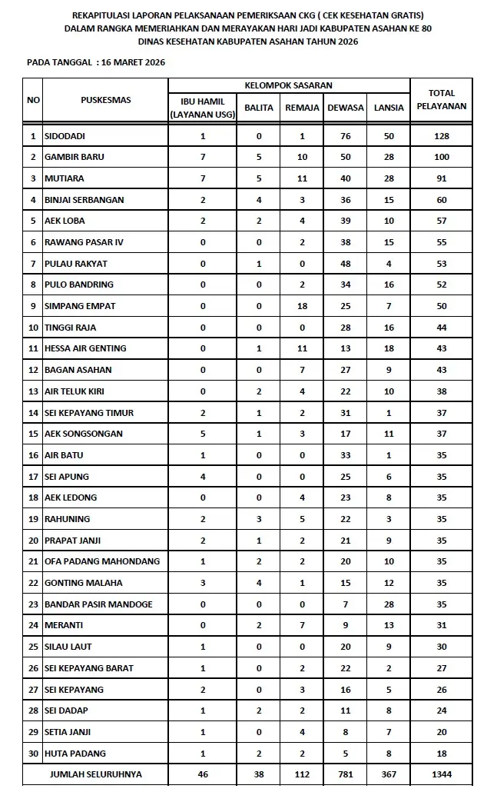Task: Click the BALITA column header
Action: click(x=259, y=108)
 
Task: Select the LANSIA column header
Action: click(x=389, y=108)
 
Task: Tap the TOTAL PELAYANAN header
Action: click(x=441, y=100)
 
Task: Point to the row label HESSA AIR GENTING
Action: click(x=85, y=348)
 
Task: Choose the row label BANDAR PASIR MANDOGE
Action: click(x=98, y=604)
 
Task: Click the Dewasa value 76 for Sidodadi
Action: click(x=346, y=136)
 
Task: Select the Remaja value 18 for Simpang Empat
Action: click(x=302, y=306)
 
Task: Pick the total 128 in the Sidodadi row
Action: click(x=441, y=136)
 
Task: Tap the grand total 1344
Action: click(x=441, y=774)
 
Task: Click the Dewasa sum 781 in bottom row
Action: click(x=346, y=774)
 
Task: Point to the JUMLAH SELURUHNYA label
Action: click(x=95, y=774)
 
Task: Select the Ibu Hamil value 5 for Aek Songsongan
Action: click(x=203, y=434)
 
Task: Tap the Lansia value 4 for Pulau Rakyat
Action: click(x=389, y=264)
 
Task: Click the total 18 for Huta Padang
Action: click(x=441, y=754)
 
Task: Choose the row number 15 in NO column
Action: click(x=33, y=434)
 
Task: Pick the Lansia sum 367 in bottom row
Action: click(x=389, y=774)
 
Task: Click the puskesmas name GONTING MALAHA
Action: click(x=83, y=583)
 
